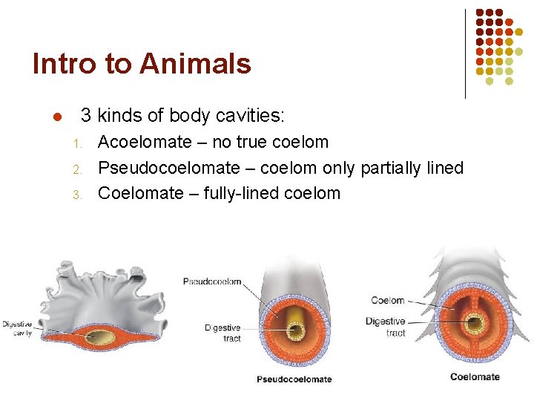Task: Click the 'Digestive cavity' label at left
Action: tap(17, 327)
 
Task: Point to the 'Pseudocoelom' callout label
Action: tap(212, 281)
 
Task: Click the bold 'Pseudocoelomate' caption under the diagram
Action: tap(294, 379)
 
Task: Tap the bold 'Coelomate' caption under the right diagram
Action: tap(475, 376)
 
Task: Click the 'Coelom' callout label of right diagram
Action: tap(387, 300)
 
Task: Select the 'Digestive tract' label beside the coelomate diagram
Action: tap(385, 327)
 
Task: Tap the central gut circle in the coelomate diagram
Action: tap(474, 324)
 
